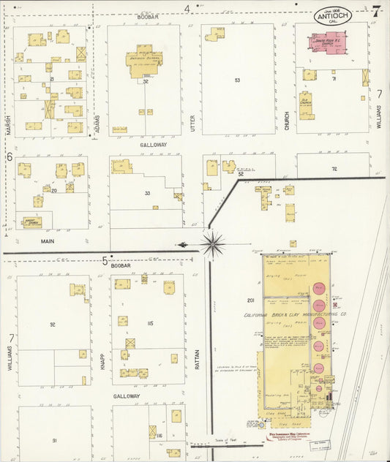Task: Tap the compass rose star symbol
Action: click(x=212, y=244)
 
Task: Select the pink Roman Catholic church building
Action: click(x=326, y=42)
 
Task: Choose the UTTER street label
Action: click(x=192, y=123)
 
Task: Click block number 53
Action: click(x=237, y=80)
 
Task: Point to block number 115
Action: click(x=150, y=323)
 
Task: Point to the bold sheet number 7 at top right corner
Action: click(x=375, y=11)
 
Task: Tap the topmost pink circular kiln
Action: click(x=319, y=288)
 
